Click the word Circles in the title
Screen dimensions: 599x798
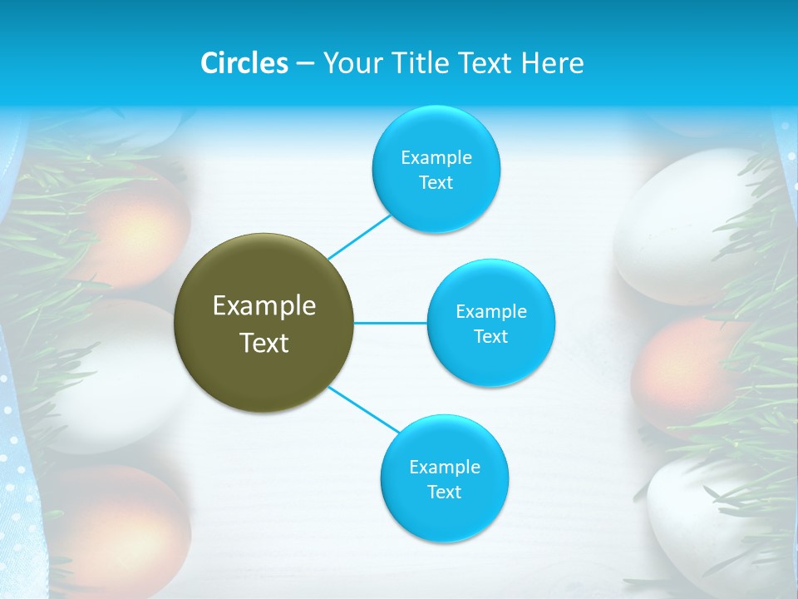(x=244, y=63)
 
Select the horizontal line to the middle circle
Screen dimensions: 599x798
(x=390, y=322)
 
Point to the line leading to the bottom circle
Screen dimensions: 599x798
(x=363, y=408)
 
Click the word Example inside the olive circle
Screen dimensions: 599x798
(x=264, y=306)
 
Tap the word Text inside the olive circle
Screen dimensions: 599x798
(x=264, y=343)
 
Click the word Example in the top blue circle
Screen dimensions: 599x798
(x=436, y=158)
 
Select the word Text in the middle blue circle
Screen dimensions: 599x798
(x=490, y=337)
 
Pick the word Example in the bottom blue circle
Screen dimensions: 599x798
(x=444, y=468)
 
